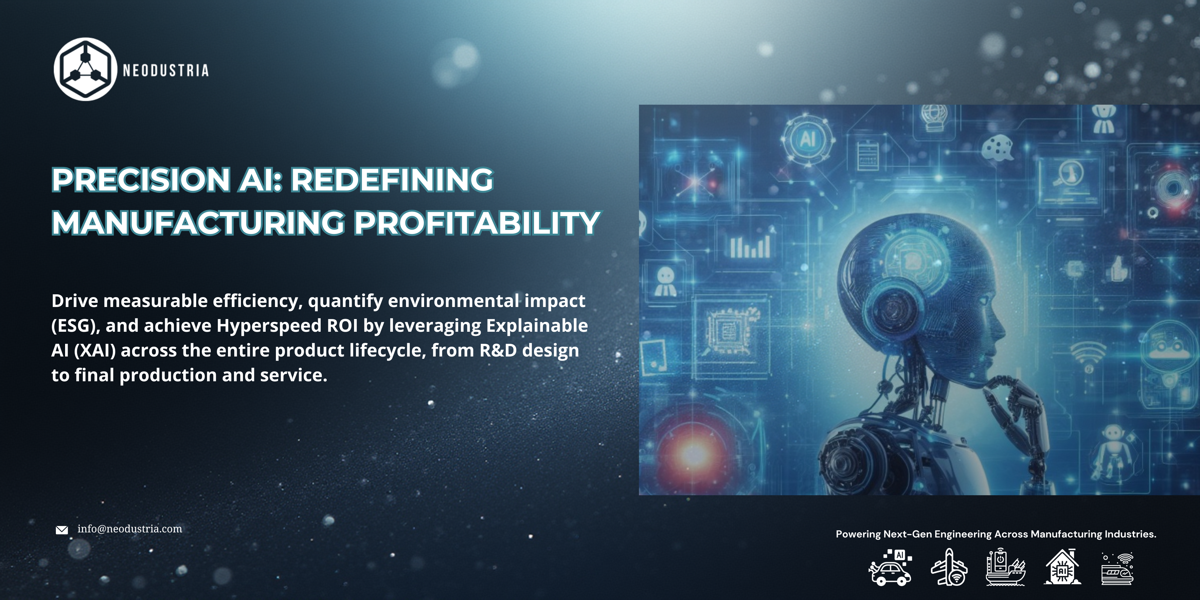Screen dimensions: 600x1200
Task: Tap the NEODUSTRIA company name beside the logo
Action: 165,70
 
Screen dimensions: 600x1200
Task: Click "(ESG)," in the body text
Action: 76,326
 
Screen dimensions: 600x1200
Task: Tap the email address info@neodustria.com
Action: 130,529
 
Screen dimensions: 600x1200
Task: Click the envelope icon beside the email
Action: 62,530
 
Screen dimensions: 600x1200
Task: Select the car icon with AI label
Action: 890,567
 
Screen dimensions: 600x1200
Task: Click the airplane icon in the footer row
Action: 949,567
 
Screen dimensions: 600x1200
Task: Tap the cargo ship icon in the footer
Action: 1005,567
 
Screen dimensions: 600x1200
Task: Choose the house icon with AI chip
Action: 1063,567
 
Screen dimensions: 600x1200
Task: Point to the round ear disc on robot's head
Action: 893,307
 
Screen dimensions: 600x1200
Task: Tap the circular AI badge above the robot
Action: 807,139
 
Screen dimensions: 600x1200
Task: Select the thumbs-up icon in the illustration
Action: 1118,269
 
